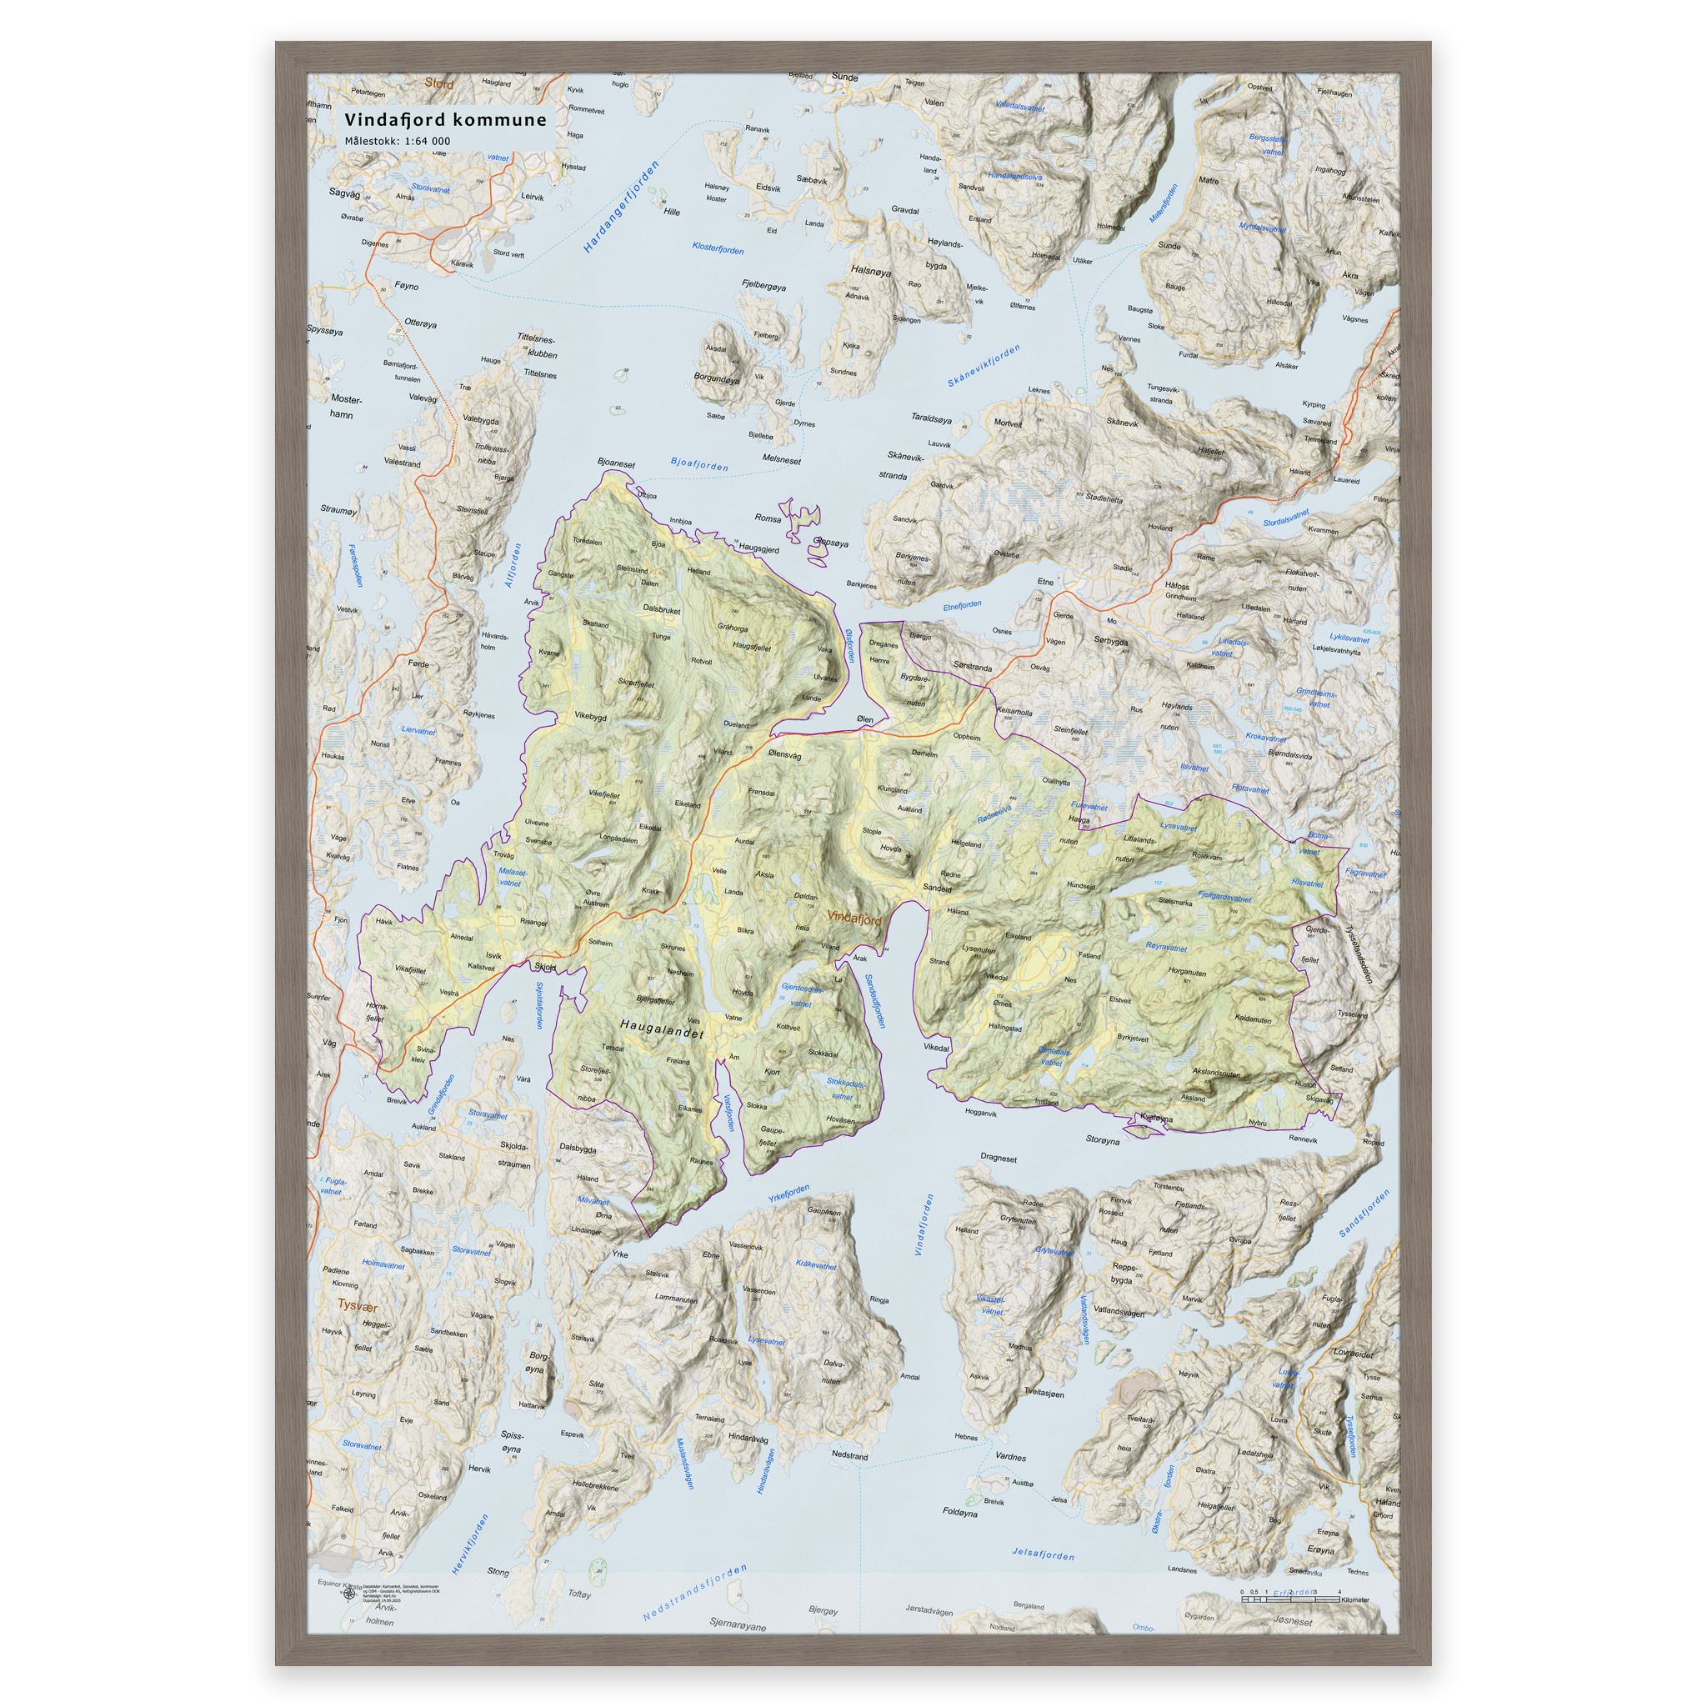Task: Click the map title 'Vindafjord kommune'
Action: pyautogui.click(x=445, y=119)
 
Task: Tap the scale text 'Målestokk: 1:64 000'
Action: pyautogui.click(x=397, y=141)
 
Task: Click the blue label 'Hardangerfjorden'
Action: pyautogui.click(x=621, y=207)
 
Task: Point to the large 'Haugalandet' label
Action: pyautogui.click(x=662, y=1028)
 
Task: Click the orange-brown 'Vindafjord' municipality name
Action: pyautogui.click(x=853, y=919)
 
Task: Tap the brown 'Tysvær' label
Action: pyautogui.click(x=358, y=1306)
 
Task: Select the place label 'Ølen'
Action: pyautogui.click(x=865, y=719)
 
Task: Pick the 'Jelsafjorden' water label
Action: pyautogui.click(x=1043, y=1554)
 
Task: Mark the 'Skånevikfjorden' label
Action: pyautogui.click(x=984, y=366)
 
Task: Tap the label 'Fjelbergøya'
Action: pyautogui.click(x=763, y=286)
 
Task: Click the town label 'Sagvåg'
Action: pyautogui.click(x=344, y=193)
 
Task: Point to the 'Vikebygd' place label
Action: pyautogui.click(x=590, y=717)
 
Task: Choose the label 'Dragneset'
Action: pyautogui.click(x=999, y=1159)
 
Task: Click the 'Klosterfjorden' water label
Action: pyautogui.click(x=718, y=249)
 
